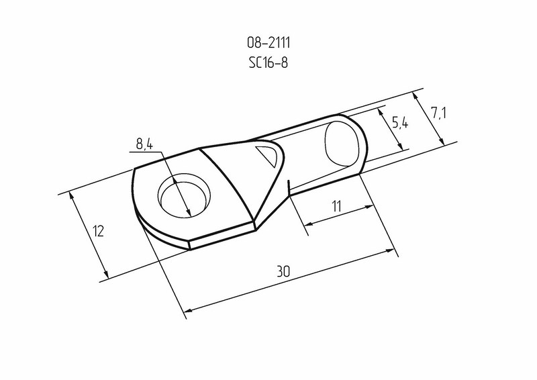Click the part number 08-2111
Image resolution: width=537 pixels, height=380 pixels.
[268, 43]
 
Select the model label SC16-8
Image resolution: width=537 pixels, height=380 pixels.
[268, 62]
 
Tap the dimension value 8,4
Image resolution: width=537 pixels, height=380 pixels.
[144, 144]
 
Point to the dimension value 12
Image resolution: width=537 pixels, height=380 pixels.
[98, 231]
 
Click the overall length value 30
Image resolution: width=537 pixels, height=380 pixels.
[283, 271]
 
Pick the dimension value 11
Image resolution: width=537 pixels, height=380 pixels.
[337, 206]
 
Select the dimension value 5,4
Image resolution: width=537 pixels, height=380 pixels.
[400, 122]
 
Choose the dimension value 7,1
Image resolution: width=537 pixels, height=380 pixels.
[438, 113]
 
